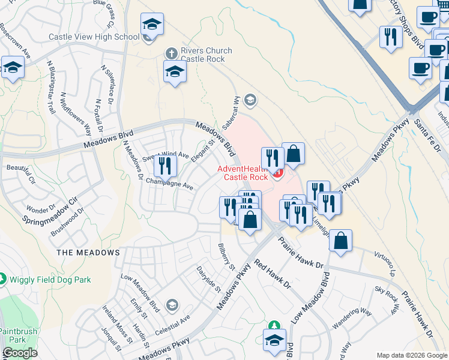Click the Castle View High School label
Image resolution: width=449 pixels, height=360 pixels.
click(94, 37)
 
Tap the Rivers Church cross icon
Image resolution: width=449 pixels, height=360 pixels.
click(172, 51)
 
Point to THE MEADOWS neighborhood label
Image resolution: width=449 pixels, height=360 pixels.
click(88, 253)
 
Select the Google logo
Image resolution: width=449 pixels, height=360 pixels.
click(20, 353)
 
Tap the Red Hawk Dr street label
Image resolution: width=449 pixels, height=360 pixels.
click(272, 275)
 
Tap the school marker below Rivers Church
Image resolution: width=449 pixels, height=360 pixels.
click(175, 71)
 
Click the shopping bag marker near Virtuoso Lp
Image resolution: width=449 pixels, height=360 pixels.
click(340, 241)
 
